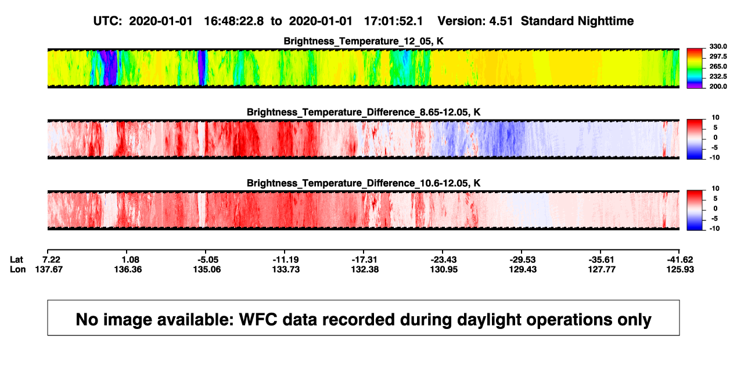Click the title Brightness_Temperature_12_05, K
tap(364, 41)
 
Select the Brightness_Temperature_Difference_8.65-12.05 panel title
tap(364, 112)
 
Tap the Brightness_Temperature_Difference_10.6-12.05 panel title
tap(364, 183)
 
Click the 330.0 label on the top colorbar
tap(718, 46)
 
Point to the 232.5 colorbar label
tap(718, 77)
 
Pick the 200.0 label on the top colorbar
tap(718, 86)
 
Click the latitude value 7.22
tap(51, 260)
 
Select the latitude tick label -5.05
tap(207, 260)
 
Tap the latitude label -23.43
tap(444, 260)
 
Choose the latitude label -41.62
tap(680, 260)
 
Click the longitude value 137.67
tap(49, 269)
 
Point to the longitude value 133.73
tap(286, 269)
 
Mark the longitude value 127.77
tap(602, 269)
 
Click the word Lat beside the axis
tap(16, 260)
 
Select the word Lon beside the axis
tap(17, 269)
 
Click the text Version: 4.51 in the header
tap(475, 21)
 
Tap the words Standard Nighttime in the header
tap(577, 21)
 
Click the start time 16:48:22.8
tap(234, 21)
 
